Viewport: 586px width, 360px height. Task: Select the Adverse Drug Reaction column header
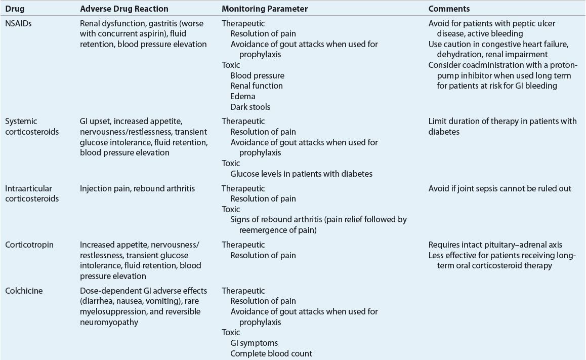coord(124,9)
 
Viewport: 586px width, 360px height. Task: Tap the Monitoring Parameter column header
coord(265,9)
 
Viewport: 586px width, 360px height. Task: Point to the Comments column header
coord(449,9)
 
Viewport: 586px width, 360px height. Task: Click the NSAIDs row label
coord(18,23)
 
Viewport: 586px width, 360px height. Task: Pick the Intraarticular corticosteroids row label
coord(32,193)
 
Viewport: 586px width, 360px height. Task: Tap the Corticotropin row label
coord(29,245)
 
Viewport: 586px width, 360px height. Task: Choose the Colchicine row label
coord(23,291)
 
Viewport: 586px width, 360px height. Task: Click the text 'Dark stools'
coord(250,107)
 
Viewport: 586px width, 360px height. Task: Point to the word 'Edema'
coord(242,96)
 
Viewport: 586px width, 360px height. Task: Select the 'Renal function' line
coord(256,86)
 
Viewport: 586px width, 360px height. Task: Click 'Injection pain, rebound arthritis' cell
coord(137,188)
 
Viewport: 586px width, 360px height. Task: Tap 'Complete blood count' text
coord(271,353)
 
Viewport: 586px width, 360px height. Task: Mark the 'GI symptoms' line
coord(254,343)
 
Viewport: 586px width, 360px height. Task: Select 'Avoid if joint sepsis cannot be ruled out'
coord(499,188)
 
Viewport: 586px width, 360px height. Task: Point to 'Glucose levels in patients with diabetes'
coord(301,174)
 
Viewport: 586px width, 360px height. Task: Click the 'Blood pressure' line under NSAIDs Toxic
coord(257,75)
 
